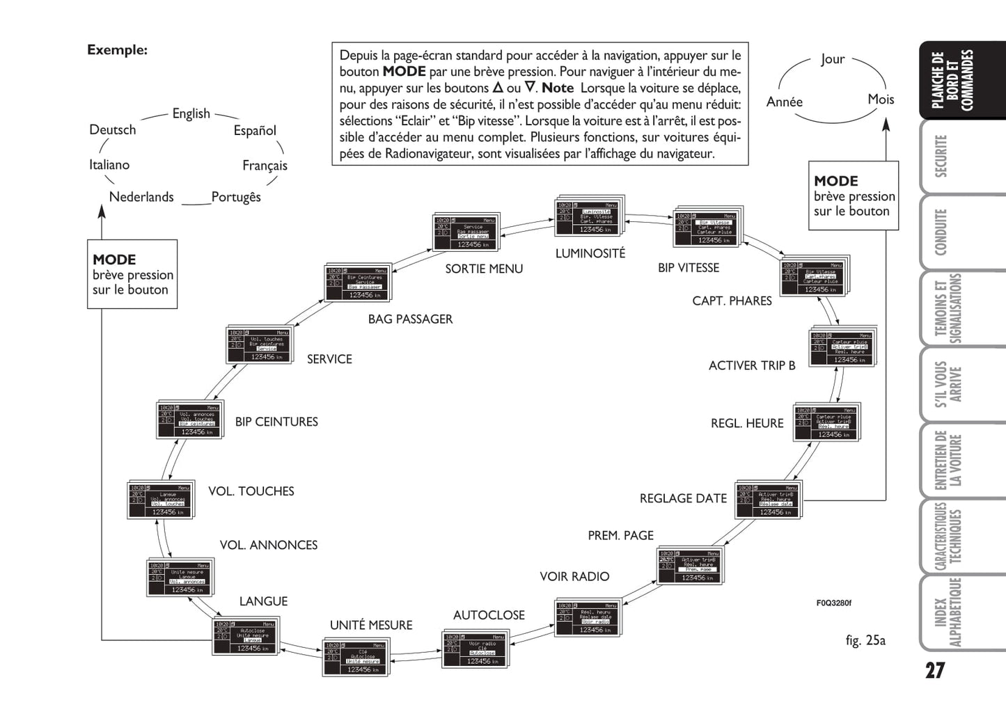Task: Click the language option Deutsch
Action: (113, 129)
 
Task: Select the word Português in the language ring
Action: (236, 197)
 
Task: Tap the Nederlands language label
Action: (141, 197)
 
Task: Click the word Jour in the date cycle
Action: (833, 59)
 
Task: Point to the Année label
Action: (785, 102)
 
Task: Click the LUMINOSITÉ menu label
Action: (590, 253)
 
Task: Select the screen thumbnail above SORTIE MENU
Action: (466, 232)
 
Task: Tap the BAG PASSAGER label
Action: (410, 319)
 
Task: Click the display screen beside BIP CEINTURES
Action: (189, 420)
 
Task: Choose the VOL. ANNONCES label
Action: (269, 545)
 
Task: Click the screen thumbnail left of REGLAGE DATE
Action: (768, 500)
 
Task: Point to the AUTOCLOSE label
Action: (489, 615)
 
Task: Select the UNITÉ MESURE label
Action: (371, 625)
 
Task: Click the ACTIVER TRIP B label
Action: (752, 365)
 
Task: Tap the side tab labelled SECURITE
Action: (941, 156)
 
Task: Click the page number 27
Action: (934, 671)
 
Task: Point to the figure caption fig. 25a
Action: (865, 640)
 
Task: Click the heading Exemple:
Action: (117, 50)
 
